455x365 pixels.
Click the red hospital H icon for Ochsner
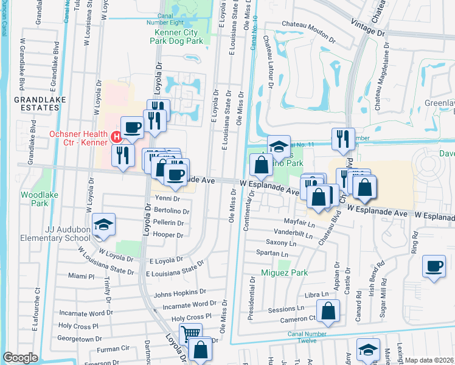(116, 136)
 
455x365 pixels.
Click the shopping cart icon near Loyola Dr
(190, 333)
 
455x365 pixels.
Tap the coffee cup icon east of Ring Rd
(435, 265)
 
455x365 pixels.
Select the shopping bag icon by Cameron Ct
(327, 311)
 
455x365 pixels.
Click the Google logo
(21, 358)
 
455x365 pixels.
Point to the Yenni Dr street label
(168, 198)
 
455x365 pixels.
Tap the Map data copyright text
(429, 360)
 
